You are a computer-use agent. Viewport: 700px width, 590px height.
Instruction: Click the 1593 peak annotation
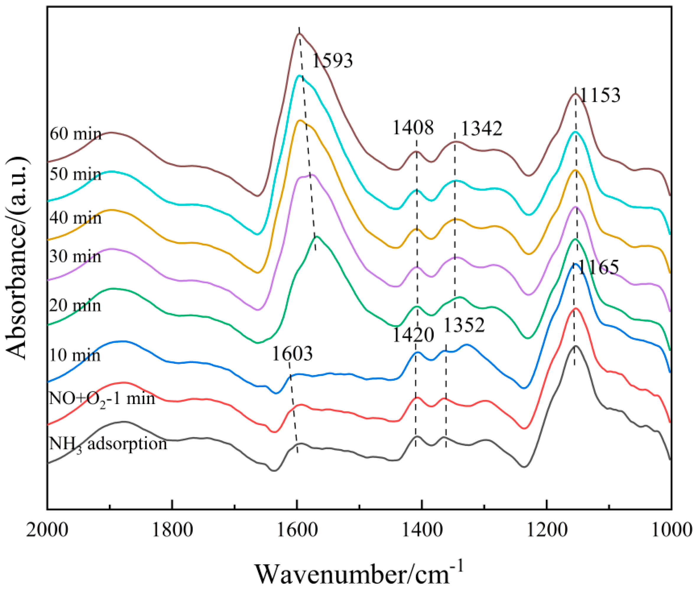(332, 61)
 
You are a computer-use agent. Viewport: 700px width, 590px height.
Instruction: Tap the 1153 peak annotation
(600, 95)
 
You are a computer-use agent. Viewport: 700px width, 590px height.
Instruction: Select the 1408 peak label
(412, 128)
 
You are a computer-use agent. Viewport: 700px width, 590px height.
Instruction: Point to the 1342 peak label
(482, 128)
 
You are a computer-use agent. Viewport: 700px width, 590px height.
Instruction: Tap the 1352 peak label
(464, 325)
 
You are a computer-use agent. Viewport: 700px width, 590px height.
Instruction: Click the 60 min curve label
(76, 134)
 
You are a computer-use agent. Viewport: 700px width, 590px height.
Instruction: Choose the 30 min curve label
(75, 257)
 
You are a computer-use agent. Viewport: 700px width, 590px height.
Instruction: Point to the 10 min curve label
(75, 355)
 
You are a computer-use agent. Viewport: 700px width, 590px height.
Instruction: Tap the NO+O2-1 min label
(102, 399)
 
